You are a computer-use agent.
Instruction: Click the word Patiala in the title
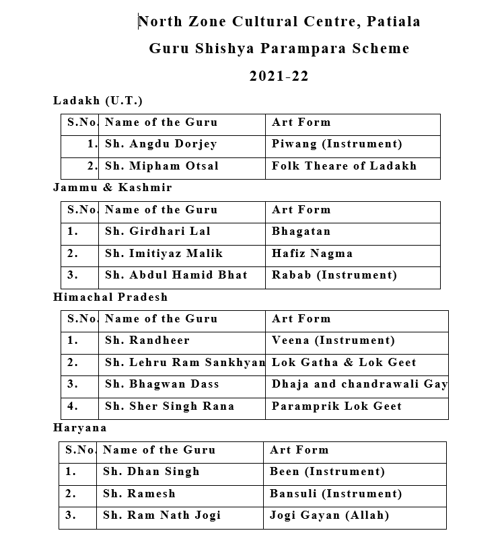(394, 22)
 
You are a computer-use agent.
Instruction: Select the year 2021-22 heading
(279, 76)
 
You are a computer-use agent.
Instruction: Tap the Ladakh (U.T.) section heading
(98, 101)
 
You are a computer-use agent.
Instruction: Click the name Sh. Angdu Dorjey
(161, 144)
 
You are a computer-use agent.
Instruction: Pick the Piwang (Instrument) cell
(336, 144)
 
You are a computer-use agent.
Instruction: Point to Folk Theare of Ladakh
(344, 166)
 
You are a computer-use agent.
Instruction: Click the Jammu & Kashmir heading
(112, 188)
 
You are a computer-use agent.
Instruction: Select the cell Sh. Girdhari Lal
(157, 231)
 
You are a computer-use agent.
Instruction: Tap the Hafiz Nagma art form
(312, 254)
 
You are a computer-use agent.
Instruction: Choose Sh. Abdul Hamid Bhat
(176, 275)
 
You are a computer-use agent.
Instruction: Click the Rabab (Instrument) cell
(334, 275)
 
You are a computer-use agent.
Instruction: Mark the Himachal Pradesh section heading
(110, 297)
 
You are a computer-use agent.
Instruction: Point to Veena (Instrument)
(333, 340)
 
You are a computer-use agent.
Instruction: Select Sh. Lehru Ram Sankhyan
(185, 363)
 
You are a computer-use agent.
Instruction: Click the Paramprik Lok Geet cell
(336, 406)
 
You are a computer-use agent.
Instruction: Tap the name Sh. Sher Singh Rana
(170, 406)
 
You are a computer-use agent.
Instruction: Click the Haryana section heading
(79, 428)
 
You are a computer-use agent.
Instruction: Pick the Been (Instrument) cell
(327, 472)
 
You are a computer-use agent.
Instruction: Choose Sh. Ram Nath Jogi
(162, 516)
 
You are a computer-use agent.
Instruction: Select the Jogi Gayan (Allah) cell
(329, 516)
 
